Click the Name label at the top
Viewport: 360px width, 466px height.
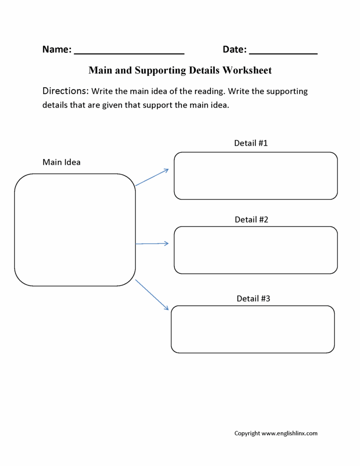57,49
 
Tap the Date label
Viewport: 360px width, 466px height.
234,49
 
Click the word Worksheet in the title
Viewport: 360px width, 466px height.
247,70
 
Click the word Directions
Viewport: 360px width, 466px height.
65,91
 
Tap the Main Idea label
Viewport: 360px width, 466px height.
61,162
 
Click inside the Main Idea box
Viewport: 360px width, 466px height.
75,230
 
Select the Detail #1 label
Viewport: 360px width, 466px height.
251,143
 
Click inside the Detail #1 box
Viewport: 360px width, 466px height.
255,176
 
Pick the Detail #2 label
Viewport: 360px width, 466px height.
251,219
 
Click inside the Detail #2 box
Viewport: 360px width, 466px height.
255,250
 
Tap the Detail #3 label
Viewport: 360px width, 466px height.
253,298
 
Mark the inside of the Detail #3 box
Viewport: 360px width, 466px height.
253,329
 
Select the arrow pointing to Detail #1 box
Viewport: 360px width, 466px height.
152,177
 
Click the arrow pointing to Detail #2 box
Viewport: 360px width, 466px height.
152,243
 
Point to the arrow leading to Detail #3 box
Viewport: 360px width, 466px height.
152,294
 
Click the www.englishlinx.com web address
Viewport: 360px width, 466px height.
289,433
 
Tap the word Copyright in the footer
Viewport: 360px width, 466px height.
247,433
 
